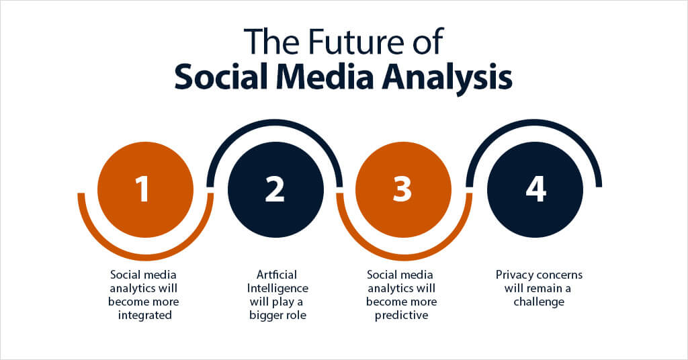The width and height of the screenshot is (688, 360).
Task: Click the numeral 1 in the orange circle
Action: click(143, 190)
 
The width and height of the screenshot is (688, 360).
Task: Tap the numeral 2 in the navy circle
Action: click(275, 190)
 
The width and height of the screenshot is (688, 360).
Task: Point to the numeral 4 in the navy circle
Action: click(535, 190)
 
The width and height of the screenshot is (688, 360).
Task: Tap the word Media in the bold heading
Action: click(331, 77)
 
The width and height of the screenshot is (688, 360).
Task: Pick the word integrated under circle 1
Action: click(144, 315)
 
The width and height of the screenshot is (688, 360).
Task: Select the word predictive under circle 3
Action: click(400, 315)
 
